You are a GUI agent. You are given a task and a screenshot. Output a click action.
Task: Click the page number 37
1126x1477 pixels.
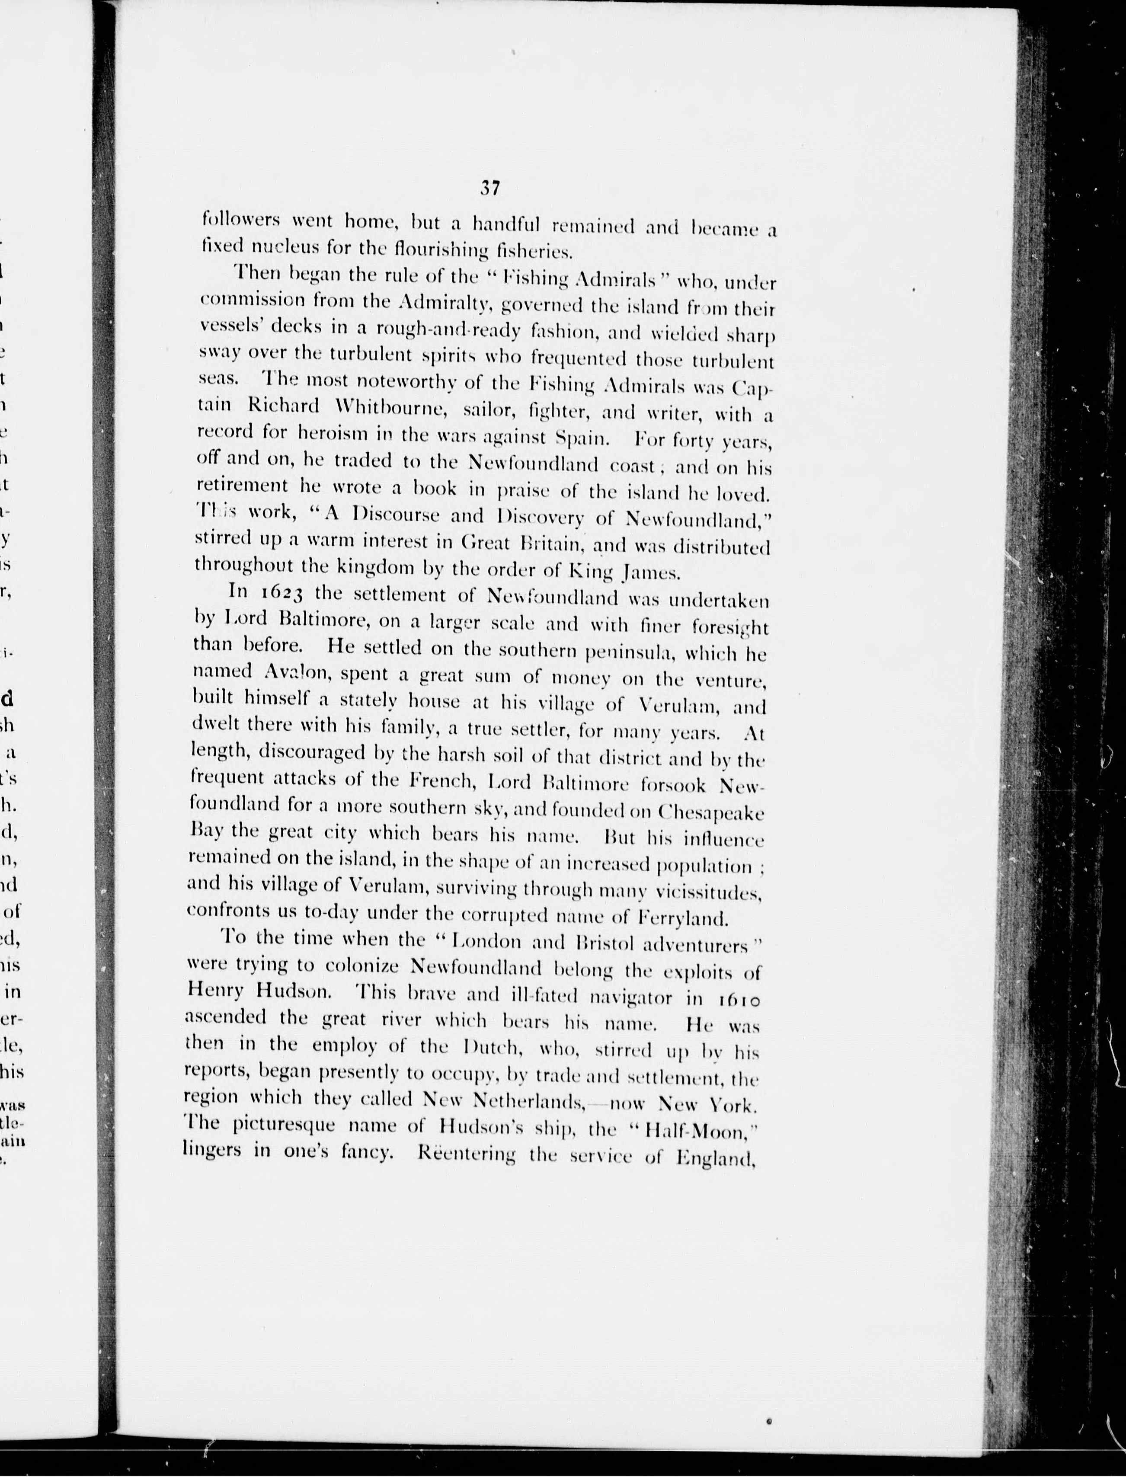(x=490, y=189)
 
